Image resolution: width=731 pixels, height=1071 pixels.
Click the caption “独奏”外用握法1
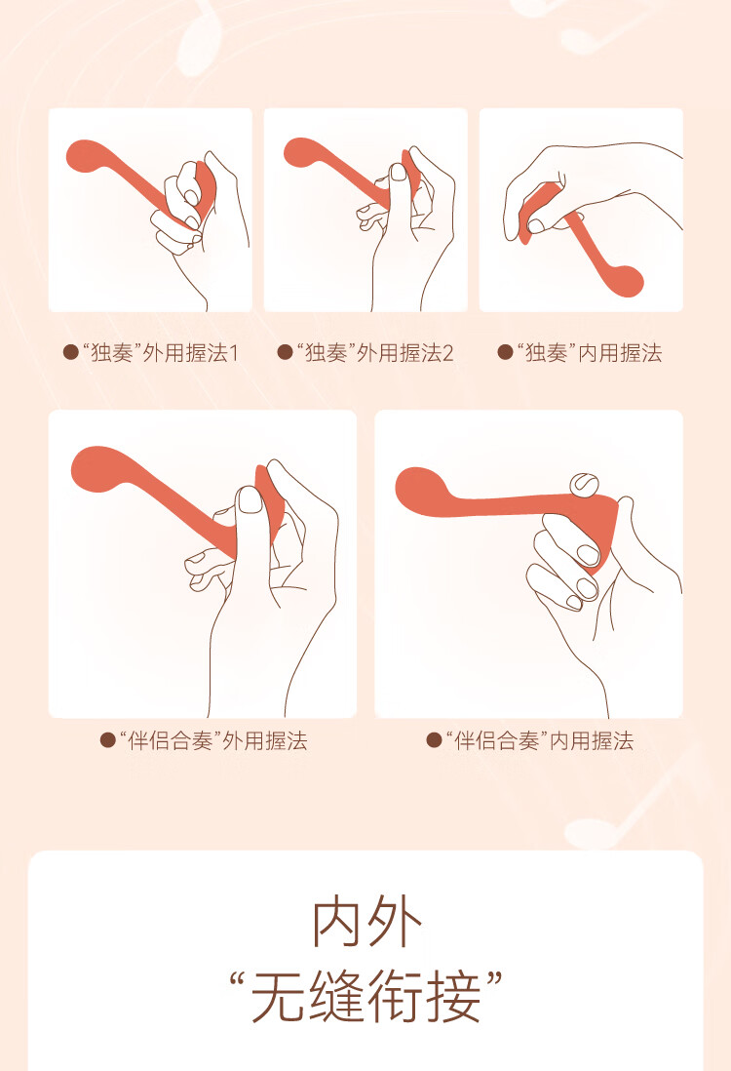(x=161, y=353)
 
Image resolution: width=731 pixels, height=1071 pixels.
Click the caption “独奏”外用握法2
(x=374, y=353)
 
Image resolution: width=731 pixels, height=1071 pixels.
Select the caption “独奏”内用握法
(x=589, y=353)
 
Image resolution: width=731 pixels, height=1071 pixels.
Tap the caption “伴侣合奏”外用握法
(x=213, y=740)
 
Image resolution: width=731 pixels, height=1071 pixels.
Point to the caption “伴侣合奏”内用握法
(x=540, y=740)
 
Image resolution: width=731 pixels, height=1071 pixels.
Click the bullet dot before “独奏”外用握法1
(x=70, y=352)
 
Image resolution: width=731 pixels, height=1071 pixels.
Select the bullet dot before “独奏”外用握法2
(x=285, y=352)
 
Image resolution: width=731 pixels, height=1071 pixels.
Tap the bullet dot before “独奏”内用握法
(x=505, y=352)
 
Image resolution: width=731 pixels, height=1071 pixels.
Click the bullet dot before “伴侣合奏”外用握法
(x=107, y=739)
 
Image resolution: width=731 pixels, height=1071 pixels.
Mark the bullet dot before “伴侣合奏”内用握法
(x=434, y=739)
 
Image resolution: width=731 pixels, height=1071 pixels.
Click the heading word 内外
(x=366, y=923)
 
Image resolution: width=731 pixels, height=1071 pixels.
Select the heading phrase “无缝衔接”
(x=366, y=997)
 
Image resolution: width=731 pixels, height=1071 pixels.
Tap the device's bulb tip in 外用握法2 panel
(x=300, y=152)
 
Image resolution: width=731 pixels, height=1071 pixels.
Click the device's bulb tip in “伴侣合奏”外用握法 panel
(x=96, y=468)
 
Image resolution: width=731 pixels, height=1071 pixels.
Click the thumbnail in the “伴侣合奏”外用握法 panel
(x=250, y=500)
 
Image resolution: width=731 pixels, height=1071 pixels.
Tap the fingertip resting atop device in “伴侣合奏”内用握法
(x=584, y=483)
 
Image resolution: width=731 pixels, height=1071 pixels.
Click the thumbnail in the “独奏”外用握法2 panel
(x=398, y=172)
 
